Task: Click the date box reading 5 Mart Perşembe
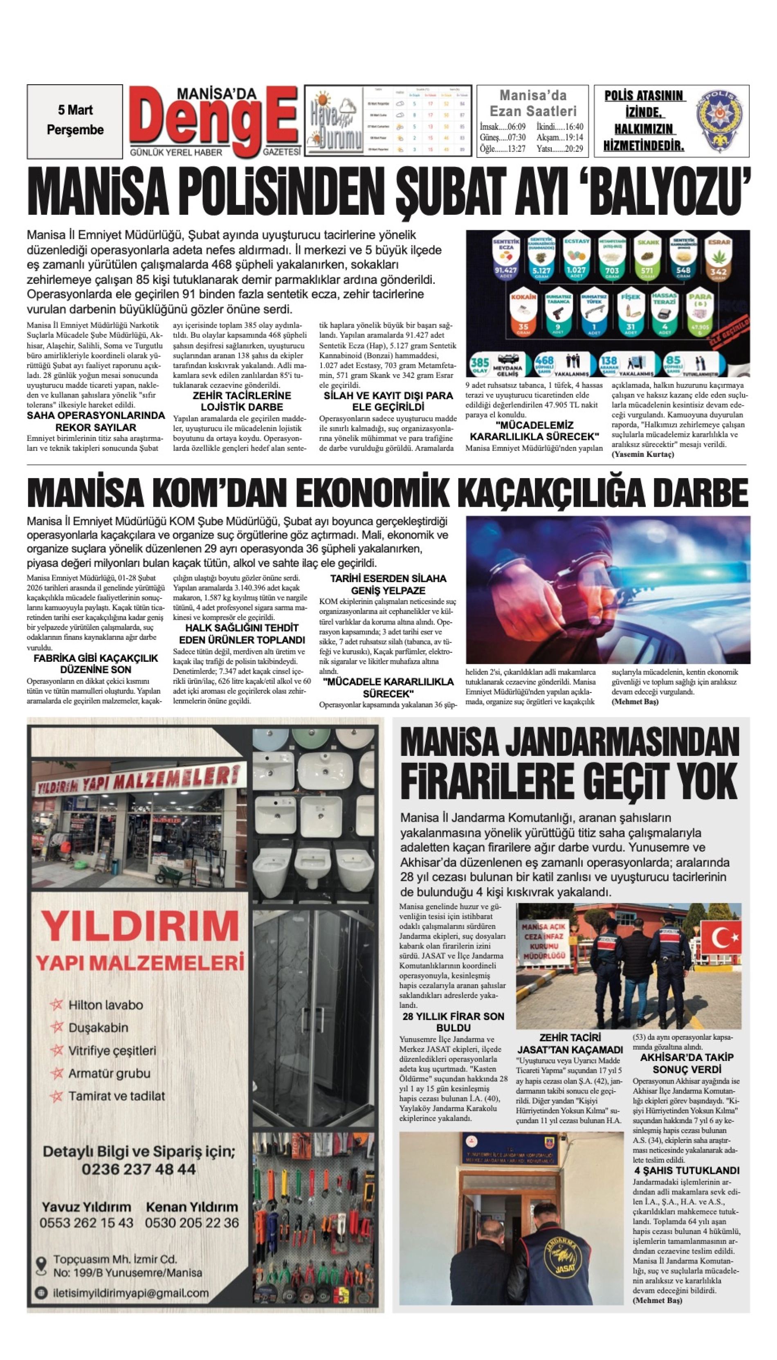tap(75, 121)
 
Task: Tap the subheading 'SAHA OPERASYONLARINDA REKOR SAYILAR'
tap(96, 421)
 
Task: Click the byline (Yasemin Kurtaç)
tap(642, 454)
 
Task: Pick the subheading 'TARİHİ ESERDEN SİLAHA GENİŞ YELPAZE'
tap(388, 584)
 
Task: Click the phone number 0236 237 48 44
tap(139, 1169)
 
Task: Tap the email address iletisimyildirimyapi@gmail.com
tap(131, 1293)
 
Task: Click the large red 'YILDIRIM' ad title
tap(140, 926)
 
